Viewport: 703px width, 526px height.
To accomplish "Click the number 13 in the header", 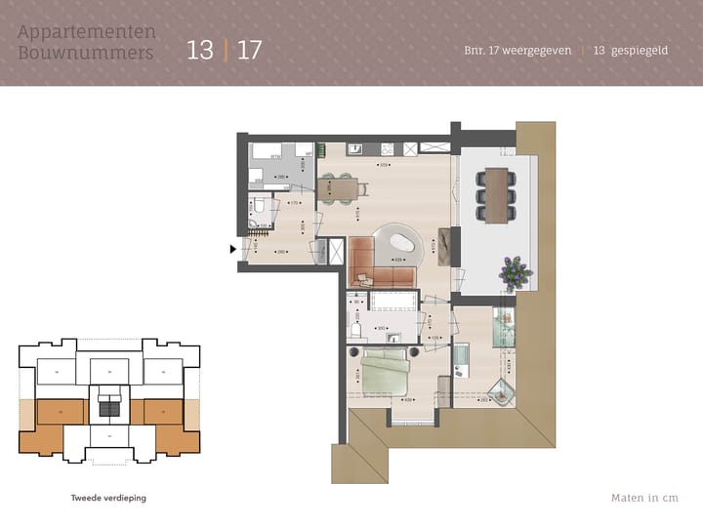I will [199, 50].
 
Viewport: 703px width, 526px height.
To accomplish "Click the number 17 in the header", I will [250, 50].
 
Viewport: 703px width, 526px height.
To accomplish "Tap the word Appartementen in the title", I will [87, 31].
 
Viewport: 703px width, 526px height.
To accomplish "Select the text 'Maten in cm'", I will [643, 498].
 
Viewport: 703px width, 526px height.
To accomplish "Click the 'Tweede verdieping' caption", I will [108, 498].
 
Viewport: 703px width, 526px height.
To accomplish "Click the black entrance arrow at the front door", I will [232, 250].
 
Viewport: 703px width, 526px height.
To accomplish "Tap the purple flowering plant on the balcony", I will [514, 270].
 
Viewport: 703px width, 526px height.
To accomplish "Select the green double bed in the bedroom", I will [387, 373].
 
